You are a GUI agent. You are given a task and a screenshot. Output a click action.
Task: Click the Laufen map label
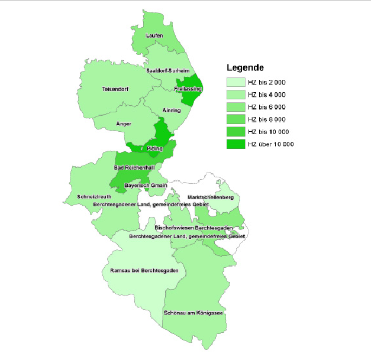point(154,35)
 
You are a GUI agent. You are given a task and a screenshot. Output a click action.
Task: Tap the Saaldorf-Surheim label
point(168,70)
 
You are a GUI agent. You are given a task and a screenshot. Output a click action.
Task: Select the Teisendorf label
point(115,89)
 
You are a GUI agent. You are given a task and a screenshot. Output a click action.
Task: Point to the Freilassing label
point(189,89)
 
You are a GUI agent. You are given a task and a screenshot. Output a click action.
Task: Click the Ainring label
point(171,111)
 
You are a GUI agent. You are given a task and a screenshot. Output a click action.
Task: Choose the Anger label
point(124,124)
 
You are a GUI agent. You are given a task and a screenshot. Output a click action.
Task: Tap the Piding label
point(154,148)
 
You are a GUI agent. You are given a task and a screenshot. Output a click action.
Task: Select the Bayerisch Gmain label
point(142,185)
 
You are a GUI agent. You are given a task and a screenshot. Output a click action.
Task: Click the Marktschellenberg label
point(211,196)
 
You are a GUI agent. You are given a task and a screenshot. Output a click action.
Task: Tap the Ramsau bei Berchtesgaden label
point(144,271)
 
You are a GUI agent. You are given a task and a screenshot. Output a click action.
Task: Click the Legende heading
point(245,67)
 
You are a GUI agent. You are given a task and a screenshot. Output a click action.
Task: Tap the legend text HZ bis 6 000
point(267,107)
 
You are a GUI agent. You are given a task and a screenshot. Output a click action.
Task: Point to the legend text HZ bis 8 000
point(267,119)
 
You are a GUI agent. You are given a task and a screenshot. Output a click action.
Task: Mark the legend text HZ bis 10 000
point(269,132)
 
